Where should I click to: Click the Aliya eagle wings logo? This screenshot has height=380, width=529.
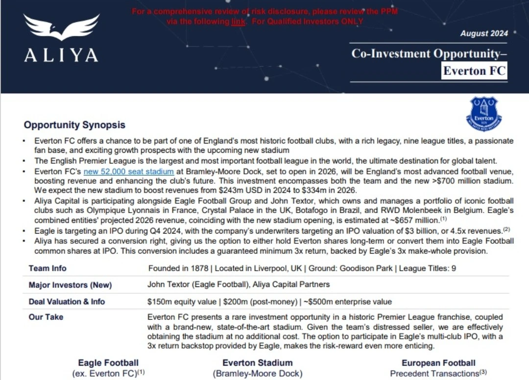(61, 27)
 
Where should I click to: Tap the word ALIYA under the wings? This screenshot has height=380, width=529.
(61, 54)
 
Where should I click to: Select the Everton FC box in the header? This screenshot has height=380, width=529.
(474, 71)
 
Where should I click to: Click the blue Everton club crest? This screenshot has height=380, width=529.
(483, 114)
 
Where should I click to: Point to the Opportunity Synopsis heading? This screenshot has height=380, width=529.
(74, 125)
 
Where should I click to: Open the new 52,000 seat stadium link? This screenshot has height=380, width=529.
(129, 171)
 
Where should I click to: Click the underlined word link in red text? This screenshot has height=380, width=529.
(238, 22)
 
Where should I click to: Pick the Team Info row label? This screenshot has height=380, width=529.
(48, 268)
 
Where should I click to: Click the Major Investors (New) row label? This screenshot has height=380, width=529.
(70, 285)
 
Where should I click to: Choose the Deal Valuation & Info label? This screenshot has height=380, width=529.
(67, 302)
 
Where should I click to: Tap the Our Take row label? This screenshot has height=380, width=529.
(46, 317)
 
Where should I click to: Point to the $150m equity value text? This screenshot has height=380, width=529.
(181, 302)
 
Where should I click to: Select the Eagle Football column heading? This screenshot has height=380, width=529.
(108, 363)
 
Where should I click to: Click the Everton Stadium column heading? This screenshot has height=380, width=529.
(257, 363)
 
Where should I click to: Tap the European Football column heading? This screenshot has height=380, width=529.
(438, 363)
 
